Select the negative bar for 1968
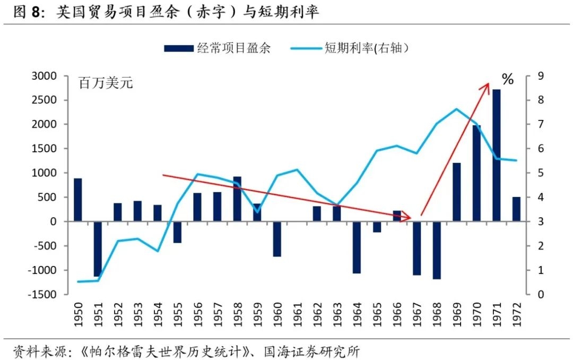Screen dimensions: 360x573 [437, 250]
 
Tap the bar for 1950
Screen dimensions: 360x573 [78, 200]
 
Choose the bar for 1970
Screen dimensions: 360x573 [476, 173]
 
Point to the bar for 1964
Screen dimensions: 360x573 [357, 247]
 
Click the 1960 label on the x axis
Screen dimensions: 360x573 [277, 315]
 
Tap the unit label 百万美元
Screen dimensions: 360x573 [106, 83]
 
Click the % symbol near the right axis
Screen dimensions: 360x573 [508, 80]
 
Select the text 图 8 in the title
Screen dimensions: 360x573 [27, 12]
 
